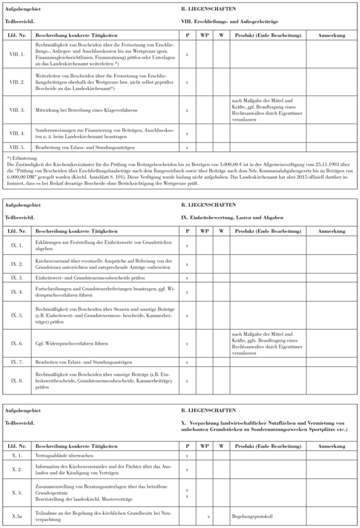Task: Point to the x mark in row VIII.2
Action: coord(187,82)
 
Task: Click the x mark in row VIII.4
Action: coord(187,134)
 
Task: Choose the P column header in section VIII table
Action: coord(187,35)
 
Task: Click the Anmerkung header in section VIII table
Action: coord(332,35)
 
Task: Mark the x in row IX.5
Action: coord(187,315)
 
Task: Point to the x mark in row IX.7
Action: coord(187,361)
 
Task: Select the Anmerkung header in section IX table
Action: coord(332,231)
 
